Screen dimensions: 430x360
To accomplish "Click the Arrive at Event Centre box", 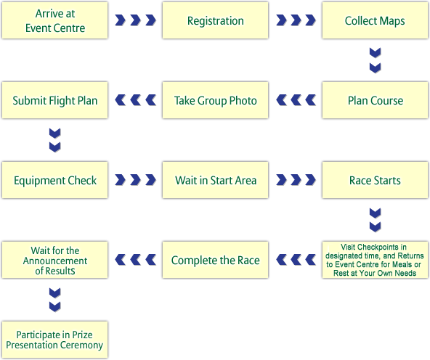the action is (55, 20).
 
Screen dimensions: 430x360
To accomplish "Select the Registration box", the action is (215, 20).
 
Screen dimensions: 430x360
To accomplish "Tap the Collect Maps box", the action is (375, 20).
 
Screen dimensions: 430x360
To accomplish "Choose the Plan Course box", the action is (375, 100).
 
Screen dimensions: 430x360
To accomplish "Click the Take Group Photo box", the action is (215, 100).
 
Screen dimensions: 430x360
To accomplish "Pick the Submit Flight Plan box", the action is (55, 100).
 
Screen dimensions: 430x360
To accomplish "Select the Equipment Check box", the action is (55, 180).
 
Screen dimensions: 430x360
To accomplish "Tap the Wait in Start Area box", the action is (215, 180).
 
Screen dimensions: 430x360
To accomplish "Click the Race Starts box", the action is (375, 180).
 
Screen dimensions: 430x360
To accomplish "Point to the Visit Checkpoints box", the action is (375, 260).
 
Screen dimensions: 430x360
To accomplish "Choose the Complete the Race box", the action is (215, 260).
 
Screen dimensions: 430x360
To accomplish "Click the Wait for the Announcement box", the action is (55, 260).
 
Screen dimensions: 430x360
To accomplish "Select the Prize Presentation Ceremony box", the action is (55, 340).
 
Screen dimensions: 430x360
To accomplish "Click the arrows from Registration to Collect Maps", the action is (296, 20).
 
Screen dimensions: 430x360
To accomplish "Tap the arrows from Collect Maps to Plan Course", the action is (375, 60).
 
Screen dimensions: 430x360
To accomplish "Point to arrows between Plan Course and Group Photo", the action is (296, 100).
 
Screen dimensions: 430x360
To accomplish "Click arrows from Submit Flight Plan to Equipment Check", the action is (55, 140).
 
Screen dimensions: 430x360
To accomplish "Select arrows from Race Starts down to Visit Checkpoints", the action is (375, 220).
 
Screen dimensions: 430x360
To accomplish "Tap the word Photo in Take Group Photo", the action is (243, 101).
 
